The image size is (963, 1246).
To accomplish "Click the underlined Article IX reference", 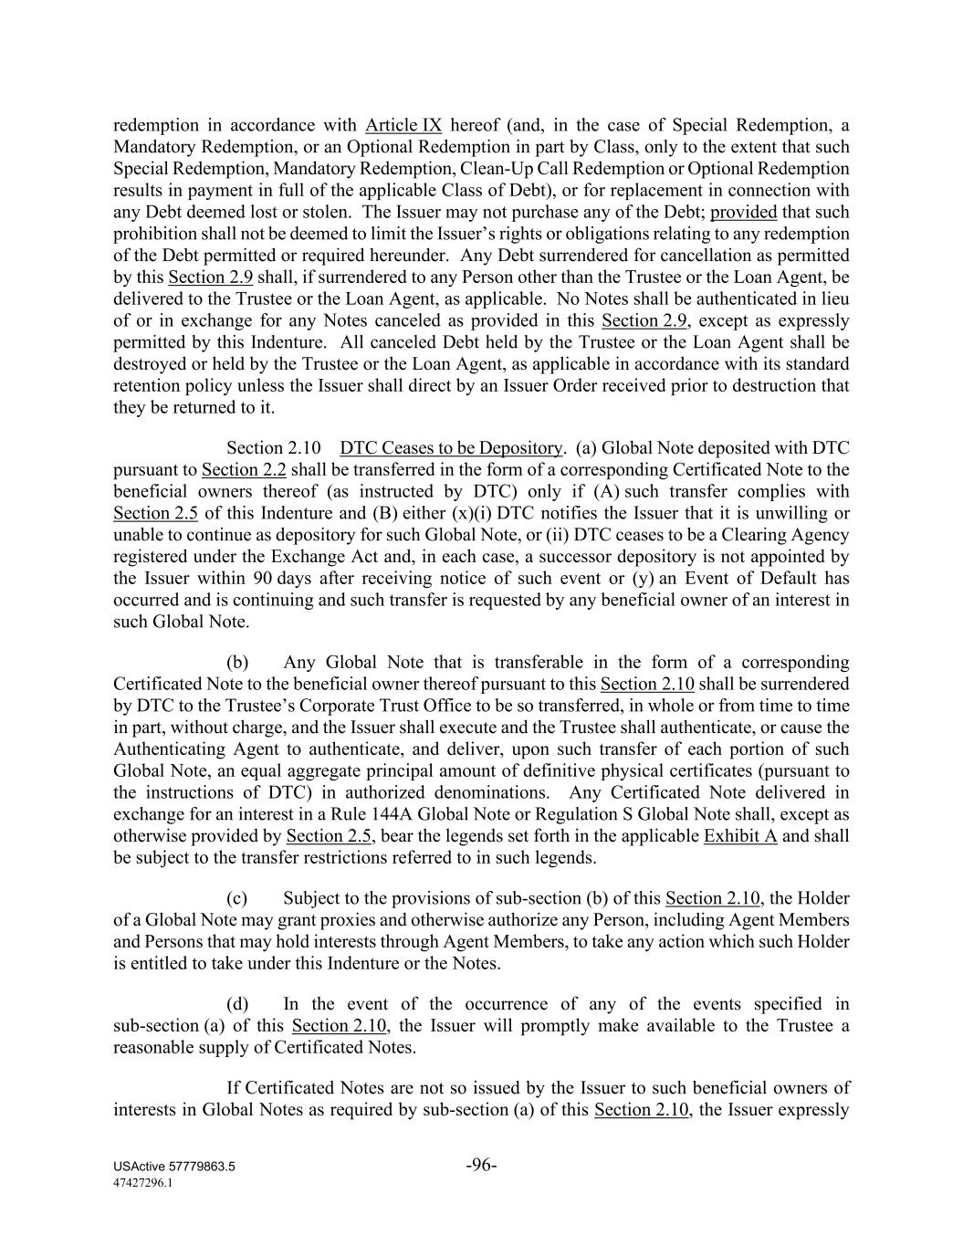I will (403, 125).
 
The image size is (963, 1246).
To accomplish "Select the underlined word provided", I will (743, 212).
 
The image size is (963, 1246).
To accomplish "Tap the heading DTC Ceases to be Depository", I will (451, 448).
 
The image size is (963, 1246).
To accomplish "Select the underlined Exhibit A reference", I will (740, 836).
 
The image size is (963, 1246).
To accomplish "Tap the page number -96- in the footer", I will (481, 1165).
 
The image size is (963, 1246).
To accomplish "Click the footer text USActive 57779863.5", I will (174, 1167).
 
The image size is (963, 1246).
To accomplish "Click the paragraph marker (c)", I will (237, 899).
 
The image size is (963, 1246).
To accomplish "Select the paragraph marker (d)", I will (237, 1004).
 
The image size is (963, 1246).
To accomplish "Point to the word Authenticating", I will (171, 749).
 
